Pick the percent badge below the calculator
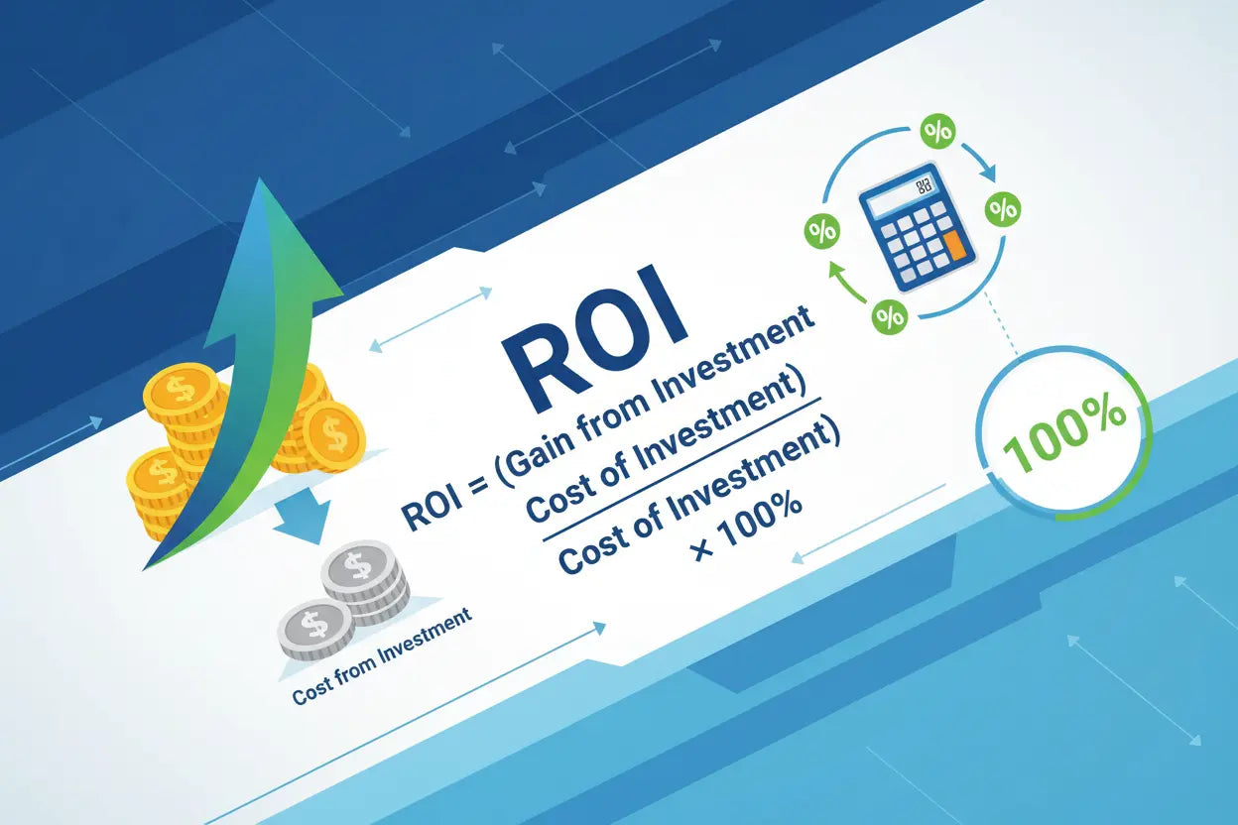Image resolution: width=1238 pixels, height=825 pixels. point(889,317)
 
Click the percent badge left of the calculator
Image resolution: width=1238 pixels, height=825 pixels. point(821,232)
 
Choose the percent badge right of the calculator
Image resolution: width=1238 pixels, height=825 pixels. point(1003,209)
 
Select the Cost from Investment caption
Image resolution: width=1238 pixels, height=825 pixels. point(381,658)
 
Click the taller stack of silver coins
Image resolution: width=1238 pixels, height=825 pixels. point(365,581)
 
